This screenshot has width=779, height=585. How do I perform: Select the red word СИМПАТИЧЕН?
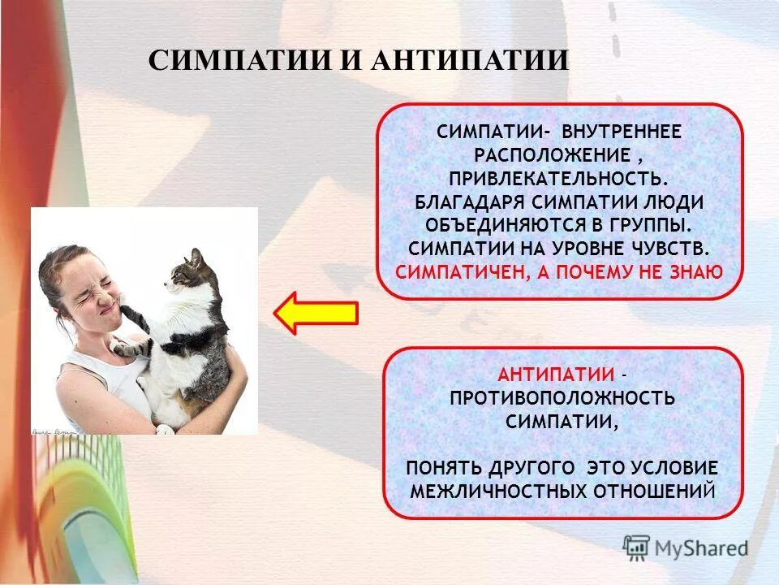pyautogui.click(x=454, y=271)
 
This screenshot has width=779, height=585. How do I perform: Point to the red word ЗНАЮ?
pyautogui.click(x=697, y=271)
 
